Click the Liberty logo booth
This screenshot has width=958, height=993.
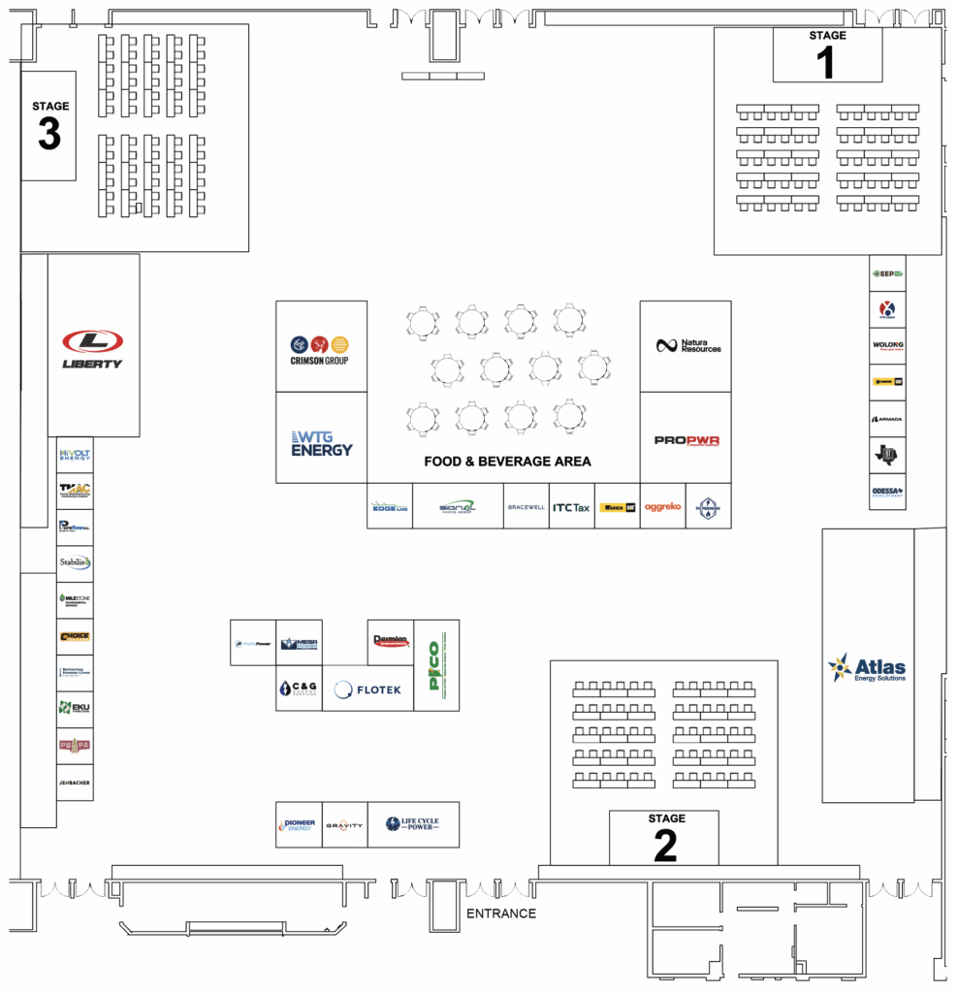pos(93,346)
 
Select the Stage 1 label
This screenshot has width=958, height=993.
pos(827,36)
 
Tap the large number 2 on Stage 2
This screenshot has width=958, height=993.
pos(665,846)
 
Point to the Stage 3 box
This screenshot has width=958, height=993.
pos(49,125)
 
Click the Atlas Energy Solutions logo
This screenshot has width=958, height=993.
pos(868,668)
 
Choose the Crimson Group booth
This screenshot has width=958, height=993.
pos(321,347)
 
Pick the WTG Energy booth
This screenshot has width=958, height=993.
pos(321,438)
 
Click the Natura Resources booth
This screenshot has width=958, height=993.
pos(686,346)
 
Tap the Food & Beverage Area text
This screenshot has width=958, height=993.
pos(507,462)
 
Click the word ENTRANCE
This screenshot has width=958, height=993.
pos(501,913)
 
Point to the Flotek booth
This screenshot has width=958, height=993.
pos(367,689)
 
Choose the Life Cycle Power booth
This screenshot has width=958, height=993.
pos(413,824)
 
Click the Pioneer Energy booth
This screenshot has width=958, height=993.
pos(298,824)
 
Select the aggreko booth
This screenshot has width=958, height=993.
pos(663,506)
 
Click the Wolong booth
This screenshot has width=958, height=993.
pos(887,345)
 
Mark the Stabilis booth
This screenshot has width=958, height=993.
pos(75,562)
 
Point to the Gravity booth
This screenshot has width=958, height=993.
pos(344,825)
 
